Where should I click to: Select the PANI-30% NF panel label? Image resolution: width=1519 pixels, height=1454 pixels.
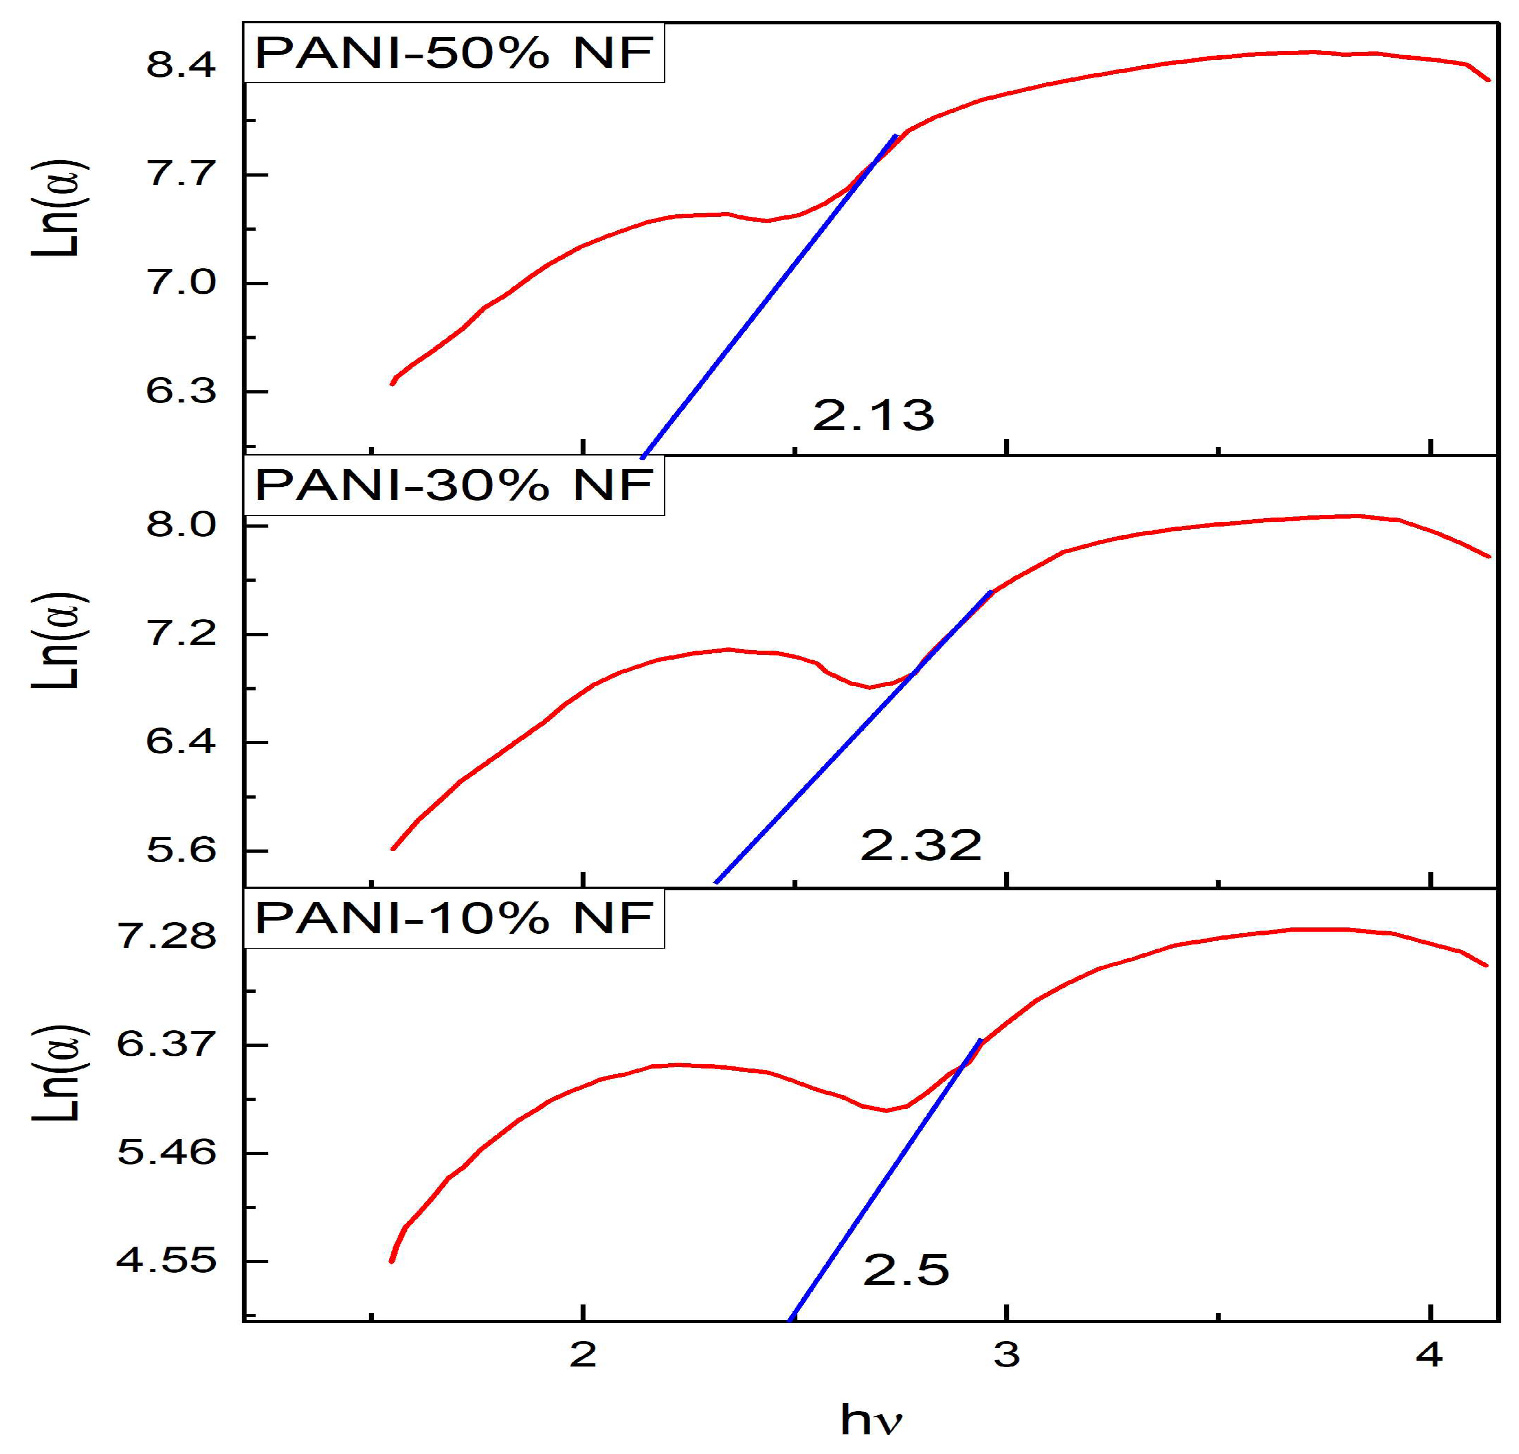point(454,486)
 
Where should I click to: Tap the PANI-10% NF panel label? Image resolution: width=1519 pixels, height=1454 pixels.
point(454,919)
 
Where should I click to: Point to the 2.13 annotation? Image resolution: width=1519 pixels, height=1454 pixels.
point(873,415)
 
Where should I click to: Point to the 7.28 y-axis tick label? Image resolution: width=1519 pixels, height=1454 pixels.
point(166,937)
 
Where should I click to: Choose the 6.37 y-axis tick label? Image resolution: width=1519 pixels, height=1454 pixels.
point(166,1045)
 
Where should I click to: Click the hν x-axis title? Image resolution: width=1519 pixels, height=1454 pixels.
point(871,1420)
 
